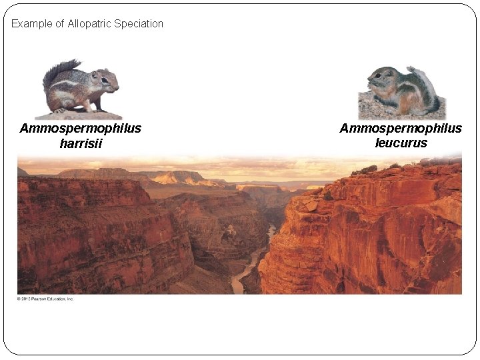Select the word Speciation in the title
[x=139, y=24]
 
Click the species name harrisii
[x=81, y=143]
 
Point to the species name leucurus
[x=401, y=143]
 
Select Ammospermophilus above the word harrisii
[x=81, y=128]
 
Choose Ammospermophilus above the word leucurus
[x=401, y=128]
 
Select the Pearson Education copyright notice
[x=45, y=299]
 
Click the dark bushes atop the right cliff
[x=365, y=171]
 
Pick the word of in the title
[x=59, y=24]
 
